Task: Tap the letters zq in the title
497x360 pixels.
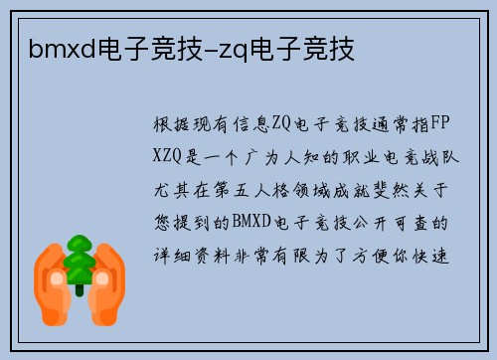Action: pos(248,47)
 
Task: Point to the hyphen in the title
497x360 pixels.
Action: pos(224,48)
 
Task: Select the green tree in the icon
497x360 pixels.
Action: pos(78,262)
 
